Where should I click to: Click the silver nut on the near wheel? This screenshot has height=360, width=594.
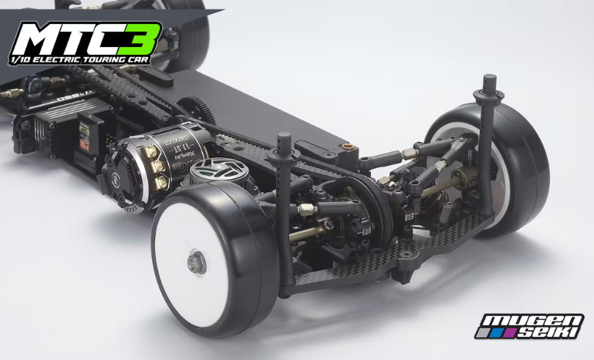point(197,263)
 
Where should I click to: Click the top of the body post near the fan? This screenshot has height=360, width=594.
point(282,140)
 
